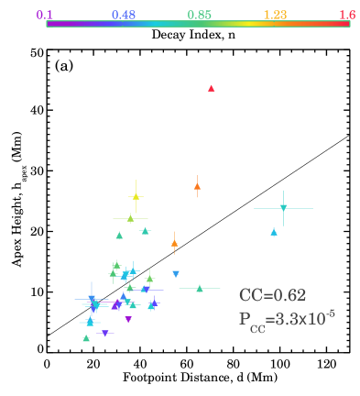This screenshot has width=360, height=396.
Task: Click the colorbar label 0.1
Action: pyautogui.click(x=45, y=15)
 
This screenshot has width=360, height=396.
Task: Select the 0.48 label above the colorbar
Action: pyautogui.click(x=123, y=15)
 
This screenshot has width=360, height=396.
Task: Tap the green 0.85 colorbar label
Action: pyautogui.click(x=199, y=15)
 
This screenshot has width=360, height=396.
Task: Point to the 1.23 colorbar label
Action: pyautogui.click(x=275, y=15)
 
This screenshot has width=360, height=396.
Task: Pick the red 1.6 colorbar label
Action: pyautogui.click(x=347, y=15)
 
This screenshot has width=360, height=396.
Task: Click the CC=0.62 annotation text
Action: pyautogui.click(x=272, y=295)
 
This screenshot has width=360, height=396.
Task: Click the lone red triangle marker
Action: pyautogui.click(x=212, y=88)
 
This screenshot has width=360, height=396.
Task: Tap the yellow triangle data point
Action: pyautogui.click(x=136, y=196)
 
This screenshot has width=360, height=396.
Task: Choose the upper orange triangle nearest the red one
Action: pyautogui.click(x=197, y=186)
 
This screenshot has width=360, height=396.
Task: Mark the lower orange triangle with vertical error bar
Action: pyautogui.click(x=174, y=243)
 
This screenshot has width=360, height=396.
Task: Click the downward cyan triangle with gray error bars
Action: pyautogui.click(x=283, y=208)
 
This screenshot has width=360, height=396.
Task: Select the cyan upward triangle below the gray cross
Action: pyautogui.click(x=274, y=232)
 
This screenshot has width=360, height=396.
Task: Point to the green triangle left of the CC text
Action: pyautogui.click(x=200, y=288)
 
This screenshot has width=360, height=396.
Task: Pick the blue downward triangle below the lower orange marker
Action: pyautogui.click(x=176, y=274)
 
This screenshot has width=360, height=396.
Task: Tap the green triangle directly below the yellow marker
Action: pyautogui.click(x=130, y=218)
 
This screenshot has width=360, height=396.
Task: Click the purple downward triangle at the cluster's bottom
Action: pyautogui.click(x=128, y=320)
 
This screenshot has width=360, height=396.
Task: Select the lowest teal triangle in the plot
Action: pyautogui.click(x=86, y=338)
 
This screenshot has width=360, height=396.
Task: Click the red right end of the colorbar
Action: pyautogui.click(x=348, y=24)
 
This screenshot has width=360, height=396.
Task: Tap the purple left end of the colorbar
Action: pyautogui.click(x=49, y=24)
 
